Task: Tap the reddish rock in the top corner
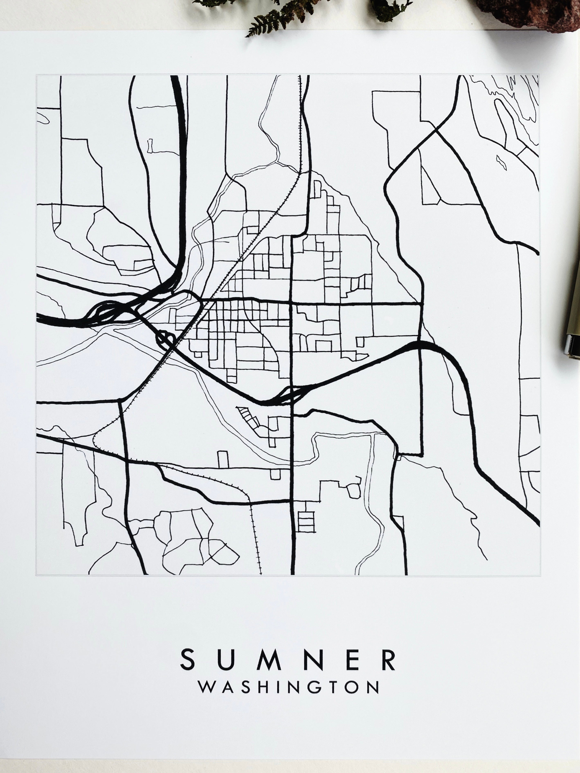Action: pyautogui.click(x=535, y=12)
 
